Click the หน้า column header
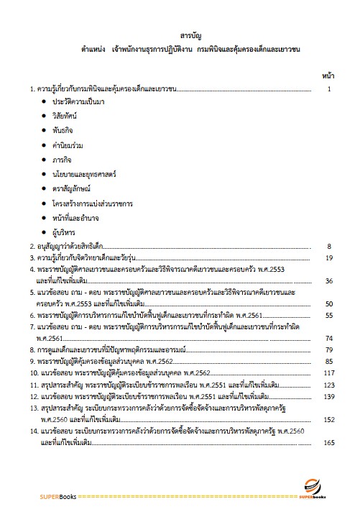[328, 74]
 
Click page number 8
[328, 246]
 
